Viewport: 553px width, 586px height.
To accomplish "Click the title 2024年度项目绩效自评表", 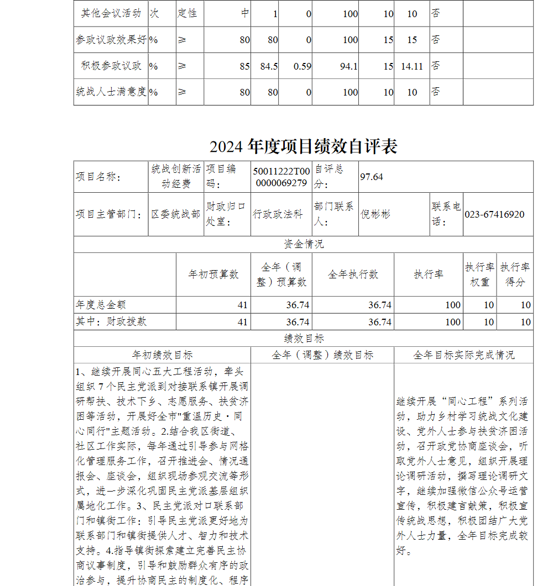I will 303,146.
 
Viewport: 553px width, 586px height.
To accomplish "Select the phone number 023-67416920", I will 494,214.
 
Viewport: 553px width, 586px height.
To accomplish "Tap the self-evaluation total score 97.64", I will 372,177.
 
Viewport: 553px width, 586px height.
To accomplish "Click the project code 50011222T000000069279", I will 281,177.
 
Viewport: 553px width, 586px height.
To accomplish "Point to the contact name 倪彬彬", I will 375,214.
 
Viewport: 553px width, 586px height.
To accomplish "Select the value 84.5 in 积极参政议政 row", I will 269,66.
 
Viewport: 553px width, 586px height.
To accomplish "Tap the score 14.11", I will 412,66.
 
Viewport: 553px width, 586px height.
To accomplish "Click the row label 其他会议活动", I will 111,13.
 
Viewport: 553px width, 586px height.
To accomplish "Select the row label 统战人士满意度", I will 111,92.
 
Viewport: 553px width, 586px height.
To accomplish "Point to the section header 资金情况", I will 304,244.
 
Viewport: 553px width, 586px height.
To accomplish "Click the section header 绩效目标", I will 304,339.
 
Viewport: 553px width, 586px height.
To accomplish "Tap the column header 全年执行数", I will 353,274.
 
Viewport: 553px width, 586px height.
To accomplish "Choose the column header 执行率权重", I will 479,274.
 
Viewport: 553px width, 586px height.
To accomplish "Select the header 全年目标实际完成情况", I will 463,355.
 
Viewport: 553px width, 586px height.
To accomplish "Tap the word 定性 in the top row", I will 187,13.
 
